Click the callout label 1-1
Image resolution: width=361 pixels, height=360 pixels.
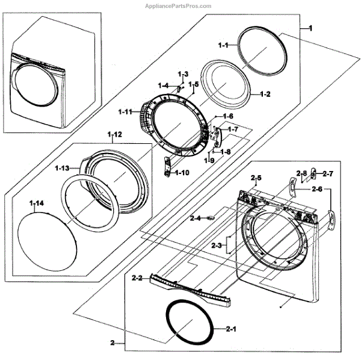point(223,45)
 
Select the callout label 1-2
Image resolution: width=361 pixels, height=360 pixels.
point(265,95)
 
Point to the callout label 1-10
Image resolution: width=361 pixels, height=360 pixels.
point(182,173)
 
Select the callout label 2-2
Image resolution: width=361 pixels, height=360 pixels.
point(136,278)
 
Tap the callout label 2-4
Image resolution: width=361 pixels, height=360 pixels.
point(196,218)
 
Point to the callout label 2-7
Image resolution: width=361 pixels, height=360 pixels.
point(327,174)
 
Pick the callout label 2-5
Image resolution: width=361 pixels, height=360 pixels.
point(256,178)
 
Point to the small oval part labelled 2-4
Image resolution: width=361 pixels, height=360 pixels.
point(211,218)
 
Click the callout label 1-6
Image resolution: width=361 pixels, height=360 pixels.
point(228,116)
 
